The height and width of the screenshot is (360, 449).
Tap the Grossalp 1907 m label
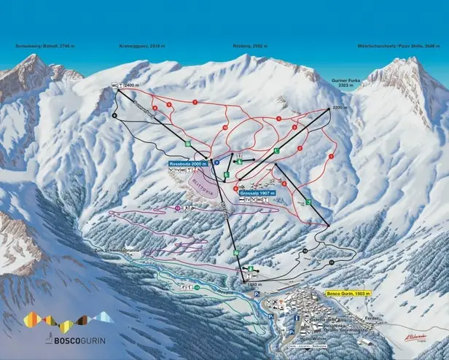tap(254, 192)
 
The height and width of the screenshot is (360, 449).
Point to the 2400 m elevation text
tap(130, 86)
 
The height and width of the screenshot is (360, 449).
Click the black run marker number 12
tap(305, 251)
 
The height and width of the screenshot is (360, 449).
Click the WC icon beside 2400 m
tap(114, 86)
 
